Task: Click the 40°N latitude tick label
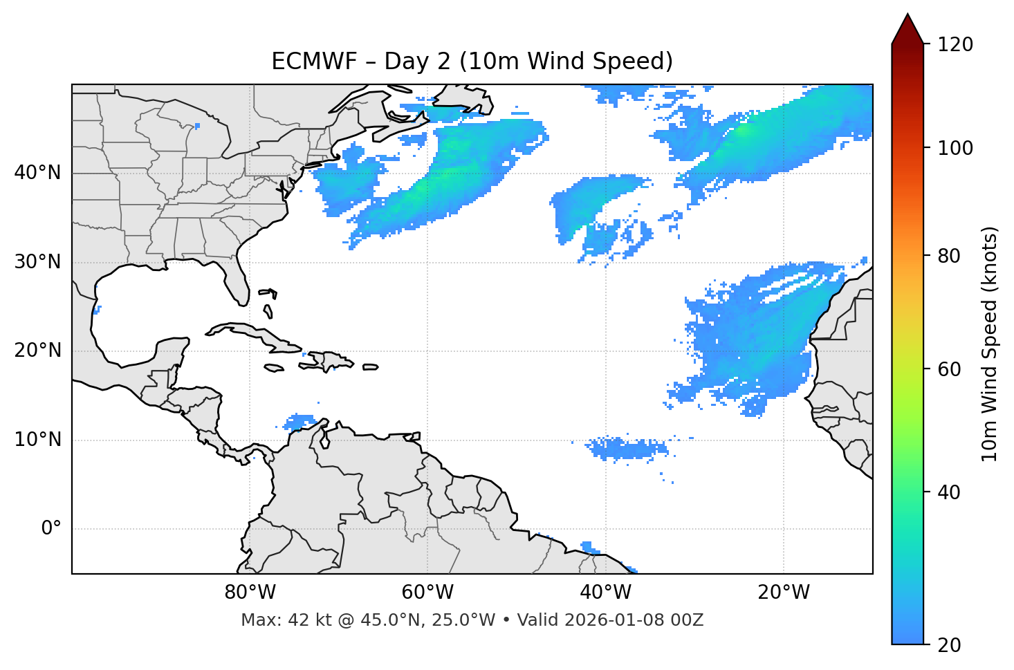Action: [37, 173]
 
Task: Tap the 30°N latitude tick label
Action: [37, 262]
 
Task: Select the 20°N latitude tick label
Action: [37, 351]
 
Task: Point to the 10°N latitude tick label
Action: [37, 440]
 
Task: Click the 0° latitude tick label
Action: [51, 529]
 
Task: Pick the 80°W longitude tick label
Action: [250, 593]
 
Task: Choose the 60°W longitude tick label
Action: [427, 593]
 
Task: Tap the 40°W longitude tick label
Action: [605, 593]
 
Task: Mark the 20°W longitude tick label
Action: [784, 593]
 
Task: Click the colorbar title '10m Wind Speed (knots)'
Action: [990, 344]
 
